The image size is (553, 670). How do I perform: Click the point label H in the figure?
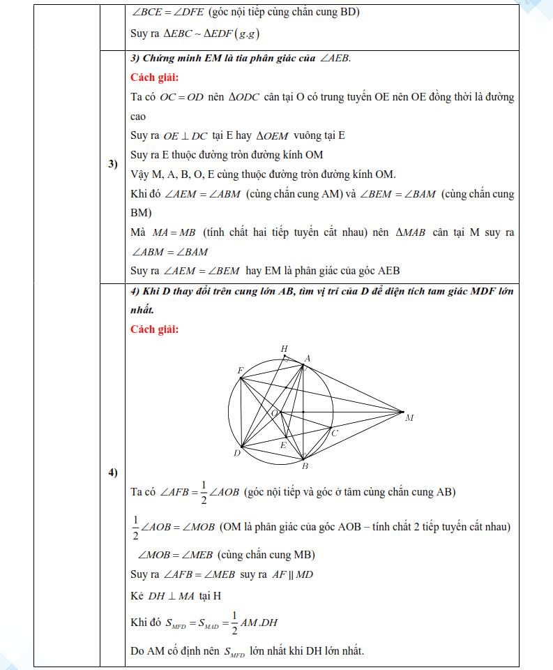coord(284,348)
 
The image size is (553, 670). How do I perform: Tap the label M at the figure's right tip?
coord(409,417)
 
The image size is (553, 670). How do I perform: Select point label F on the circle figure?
coord(240,370)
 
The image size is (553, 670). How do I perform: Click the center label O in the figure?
coord(274,413)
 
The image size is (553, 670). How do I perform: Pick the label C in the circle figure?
coord(335,433)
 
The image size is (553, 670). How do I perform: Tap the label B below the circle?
coord(305,466)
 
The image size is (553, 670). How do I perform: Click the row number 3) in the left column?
coord(112,165)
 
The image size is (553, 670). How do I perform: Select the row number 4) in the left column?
coord(112,473)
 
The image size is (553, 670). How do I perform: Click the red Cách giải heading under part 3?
coord(155,77)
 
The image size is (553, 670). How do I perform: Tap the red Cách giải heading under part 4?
coord(155,329)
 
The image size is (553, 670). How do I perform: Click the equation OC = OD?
coord(181,97)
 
